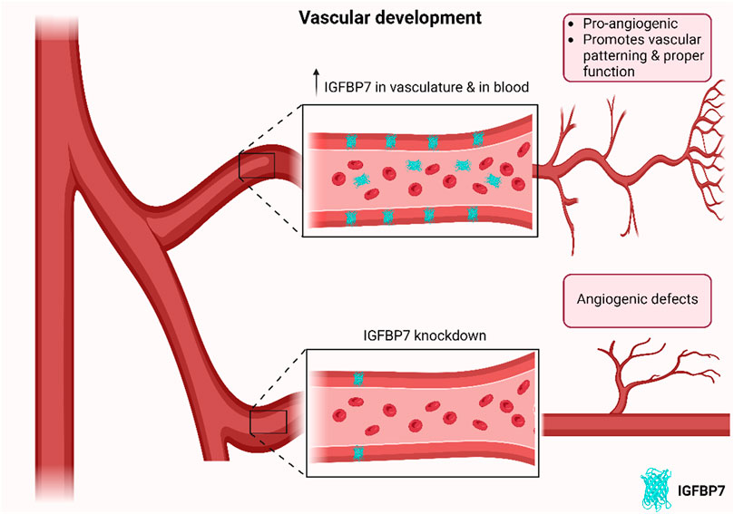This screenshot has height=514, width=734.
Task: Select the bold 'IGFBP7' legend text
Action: (x=701, y=491)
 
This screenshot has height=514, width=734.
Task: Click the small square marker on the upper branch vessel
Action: (x=256, y=167)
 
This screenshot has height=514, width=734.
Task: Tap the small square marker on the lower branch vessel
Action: (x=269, y=422)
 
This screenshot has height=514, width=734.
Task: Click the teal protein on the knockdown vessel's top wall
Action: (x=358, y=376)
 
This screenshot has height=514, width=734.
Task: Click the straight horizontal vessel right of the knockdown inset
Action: (x=635, y=422)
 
